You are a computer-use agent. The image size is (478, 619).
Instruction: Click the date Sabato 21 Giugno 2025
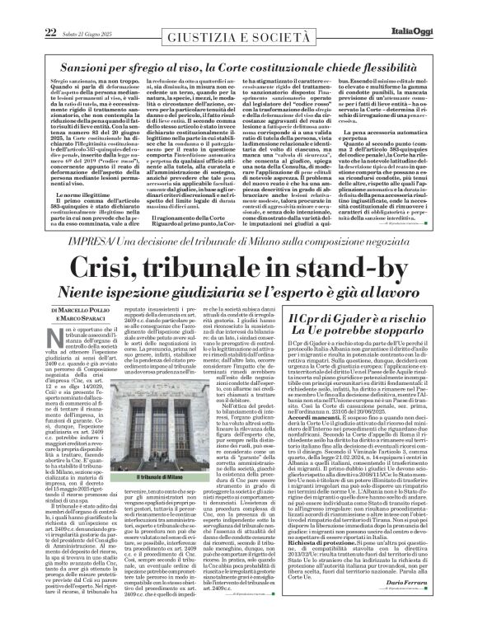point(87,10)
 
